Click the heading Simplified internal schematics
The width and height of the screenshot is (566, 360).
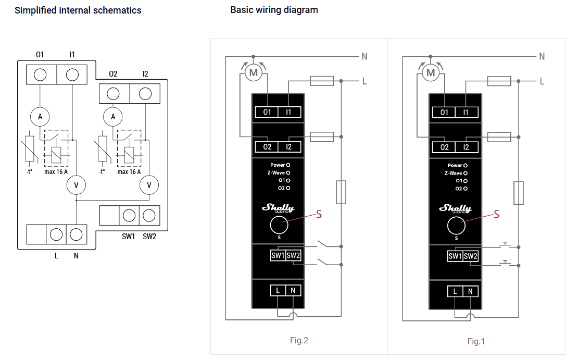(x=78, y=10)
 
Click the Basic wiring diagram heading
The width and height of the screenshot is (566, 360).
(x=274, y=10)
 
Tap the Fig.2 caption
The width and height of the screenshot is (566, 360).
(x=299, y=340)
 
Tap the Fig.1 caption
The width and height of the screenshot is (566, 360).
(x=476, y=341)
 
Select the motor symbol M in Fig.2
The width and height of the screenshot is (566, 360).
(x=254, y=73)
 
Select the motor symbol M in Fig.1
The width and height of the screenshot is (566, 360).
(x=431, y=73)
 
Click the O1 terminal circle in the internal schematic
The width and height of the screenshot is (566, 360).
(x=40, y=75)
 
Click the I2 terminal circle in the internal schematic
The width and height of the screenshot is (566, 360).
(x=145, y=94)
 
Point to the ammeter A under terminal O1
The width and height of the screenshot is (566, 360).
(x=40, y=117)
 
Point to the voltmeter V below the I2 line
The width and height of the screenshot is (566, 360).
(x=149, y=184)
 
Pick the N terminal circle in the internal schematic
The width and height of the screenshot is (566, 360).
(x=76, y=234)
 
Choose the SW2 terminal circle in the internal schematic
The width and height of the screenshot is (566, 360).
(x=149, y=215)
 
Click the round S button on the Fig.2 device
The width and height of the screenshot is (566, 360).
(x=279, y=226)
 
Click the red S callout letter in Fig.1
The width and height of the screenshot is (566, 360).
(x=496, y=214)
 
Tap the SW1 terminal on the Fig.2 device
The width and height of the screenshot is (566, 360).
(x=278, y=255)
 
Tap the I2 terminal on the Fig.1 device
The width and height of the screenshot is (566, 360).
(x=466, y=147)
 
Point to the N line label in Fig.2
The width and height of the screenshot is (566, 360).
(x=364, y=56)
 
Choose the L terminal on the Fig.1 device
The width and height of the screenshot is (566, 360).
(x=455, y=291)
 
